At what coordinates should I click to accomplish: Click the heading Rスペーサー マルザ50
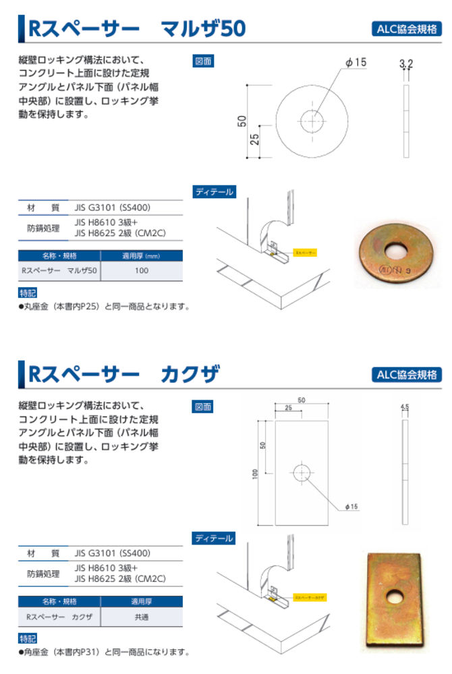[x=135, y=28]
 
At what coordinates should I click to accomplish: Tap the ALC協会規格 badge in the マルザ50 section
[x=406, y=28]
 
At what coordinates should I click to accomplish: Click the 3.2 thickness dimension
[x=405, y=64]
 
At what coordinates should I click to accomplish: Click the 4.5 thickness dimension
[x=405, y=407]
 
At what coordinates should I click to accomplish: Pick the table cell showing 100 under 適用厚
[x=141, y=271]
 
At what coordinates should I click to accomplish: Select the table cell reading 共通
[x=141, y=617]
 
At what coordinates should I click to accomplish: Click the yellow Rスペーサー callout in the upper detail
[x=304, y=252]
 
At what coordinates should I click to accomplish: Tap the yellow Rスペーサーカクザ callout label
[x=310, y=597]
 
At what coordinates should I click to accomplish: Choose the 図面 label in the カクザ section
[x=203, y=406]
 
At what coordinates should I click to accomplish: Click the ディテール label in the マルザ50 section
[x=214, y=191]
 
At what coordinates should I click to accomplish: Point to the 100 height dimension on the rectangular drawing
[x=255, y=474]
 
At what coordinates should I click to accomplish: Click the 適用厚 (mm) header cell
[x=141, y=256]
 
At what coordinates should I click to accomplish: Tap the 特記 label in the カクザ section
[x=28, y=638]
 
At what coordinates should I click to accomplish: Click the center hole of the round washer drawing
[x=312, y=122]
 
